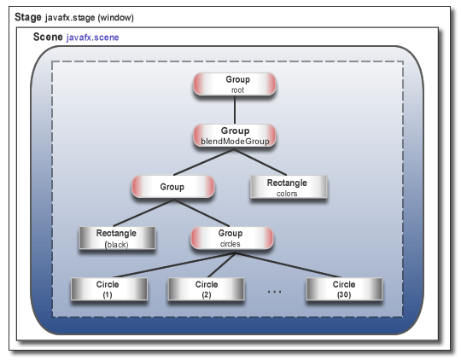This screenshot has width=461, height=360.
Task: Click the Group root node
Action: click(233, 84)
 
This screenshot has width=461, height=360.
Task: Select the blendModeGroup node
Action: click(233, 136)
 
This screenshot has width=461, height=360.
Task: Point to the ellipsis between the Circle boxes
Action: click(275, 292)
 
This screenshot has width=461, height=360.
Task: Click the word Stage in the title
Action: click(30, 17)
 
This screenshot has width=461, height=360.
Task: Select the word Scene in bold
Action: click(47, 38)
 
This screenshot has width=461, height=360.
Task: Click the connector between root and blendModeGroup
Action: click(233, 110)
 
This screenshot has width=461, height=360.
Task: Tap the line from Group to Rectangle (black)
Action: click(143, 214)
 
